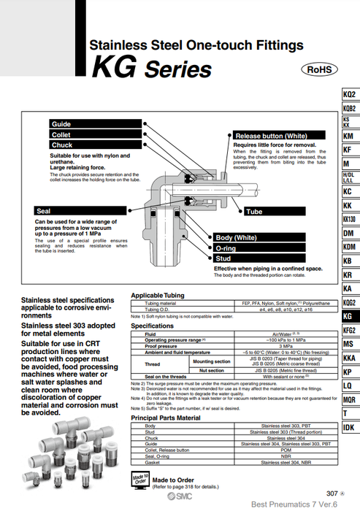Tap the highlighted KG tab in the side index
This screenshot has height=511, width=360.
tap(350, 317)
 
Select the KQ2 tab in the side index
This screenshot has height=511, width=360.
tap(350, 96)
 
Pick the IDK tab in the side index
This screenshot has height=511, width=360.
tap(350, 427)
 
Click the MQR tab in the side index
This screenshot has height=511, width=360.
tap(350, 399)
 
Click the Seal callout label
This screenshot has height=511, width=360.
tap(80, 210)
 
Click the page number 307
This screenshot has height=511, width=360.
tap(332, 493)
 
